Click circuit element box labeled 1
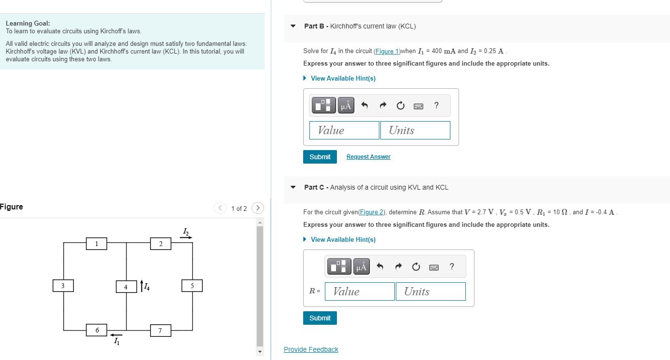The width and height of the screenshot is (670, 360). point(97,244)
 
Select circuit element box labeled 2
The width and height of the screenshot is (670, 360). point(161,244)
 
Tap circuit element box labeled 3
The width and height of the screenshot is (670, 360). point(63,286)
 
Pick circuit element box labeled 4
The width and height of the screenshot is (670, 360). point(126,287)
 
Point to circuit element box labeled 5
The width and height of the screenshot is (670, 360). point(192,286)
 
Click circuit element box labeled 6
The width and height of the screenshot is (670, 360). point(97,330)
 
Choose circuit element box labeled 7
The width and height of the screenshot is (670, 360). point(161,331)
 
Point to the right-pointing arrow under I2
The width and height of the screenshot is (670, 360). point(186,237)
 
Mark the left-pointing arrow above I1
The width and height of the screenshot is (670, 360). point(116,335)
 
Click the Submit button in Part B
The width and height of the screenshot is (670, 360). point(320,157)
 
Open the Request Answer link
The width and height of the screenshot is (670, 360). point(368,157)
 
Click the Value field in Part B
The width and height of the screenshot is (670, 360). point(344,130)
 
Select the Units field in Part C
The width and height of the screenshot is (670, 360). point(431,291)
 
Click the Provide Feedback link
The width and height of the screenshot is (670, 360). point(311,349)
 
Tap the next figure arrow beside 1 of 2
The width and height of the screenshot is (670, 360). point(258,208)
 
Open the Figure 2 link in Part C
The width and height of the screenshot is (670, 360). point(372,212)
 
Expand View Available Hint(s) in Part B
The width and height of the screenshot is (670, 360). point(343,78)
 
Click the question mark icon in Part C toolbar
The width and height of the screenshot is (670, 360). point(452,266)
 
